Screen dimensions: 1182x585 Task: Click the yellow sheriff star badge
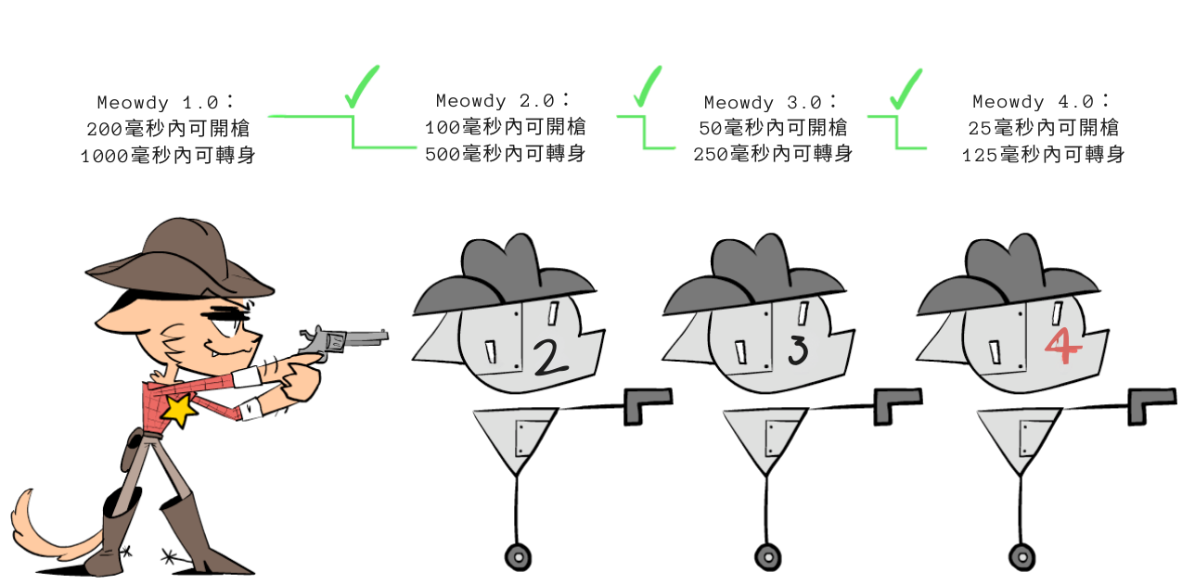tap(179, 410)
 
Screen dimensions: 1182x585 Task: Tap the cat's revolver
tap(343, 343)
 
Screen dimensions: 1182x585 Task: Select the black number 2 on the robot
tap(550, 358)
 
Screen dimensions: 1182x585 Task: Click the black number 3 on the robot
tap(799, 350)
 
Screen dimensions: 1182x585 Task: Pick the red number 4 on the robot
tap(1063, 346)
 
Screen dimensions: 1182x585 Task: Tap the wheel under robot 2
tap(519, 557)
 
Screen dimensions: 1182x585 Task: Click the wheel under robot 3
tap(768, 557)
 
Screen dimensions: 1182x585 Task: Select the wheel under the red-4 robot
tap(1022, 557)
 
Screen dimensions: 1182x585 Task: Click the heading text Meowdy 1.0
tap(164, 102)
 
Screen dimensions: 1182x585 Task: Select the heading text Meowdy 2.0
tap(502, 100)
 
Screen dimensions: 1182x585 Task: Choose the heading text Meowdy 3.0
tap(770, 101)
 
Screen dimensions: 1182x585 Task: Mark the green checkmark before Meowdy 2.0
tap(362, 86)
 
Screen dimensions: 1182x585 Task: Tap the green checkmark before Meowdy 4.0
tap(906, 89)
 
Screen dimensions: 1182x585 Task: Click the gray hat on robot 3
tap(754, 274)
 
